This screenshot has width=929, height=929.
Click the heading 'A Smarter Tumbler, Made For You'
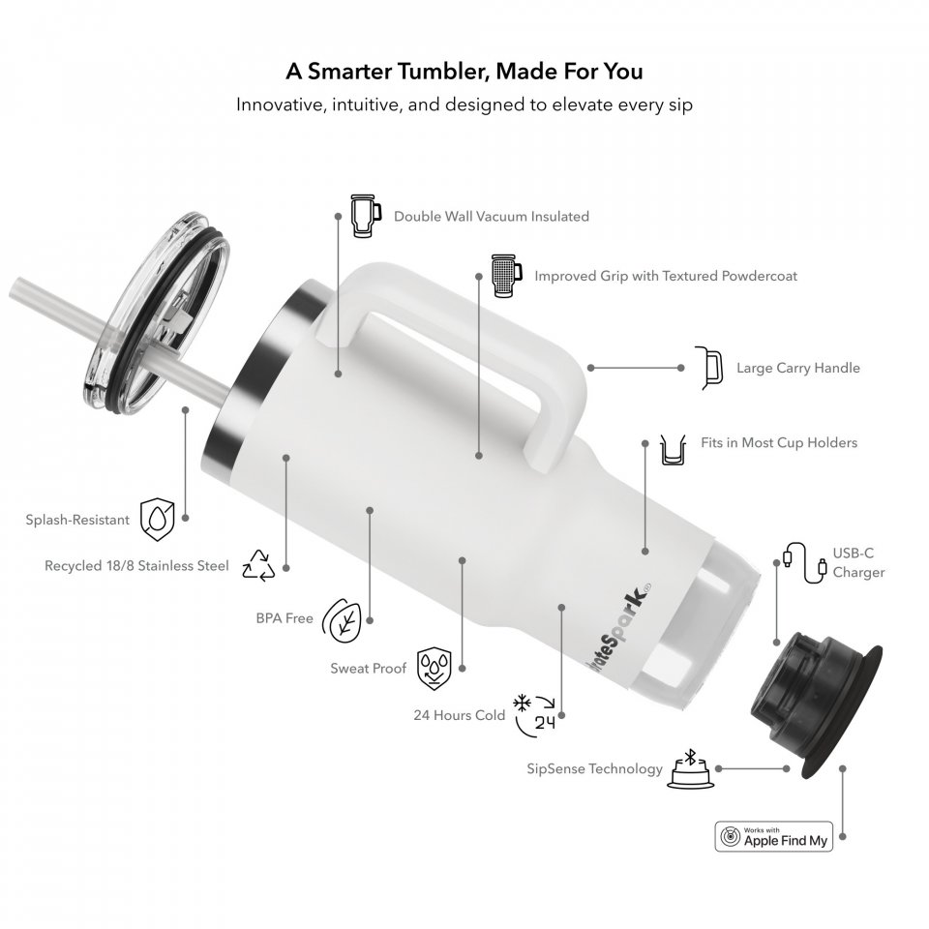pyautogui.click(x=464, y=71)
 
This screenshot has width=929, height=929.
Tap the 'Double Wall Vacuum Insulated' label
pyautogui.click(x=492, y=216)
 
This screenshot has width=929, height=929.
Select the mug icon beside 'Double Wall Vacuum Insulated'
pyautogui.click(x=363, y=216)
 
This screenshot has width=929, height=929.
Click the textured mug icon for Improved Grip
pyautogui.click(x=506, y=276)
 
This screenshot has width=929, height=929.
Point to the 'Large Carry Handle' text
pyautogui.click(x=798, y=368)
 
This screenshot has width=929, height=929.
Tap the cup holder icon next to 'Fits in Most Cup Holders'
pyautogui.click(x=673, y=450)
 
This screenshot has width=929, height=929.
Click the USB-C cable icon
pyautogui.click(x=804, y=563)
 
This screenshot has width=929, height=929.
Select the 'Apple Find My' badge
pyautogui.click(x=773, y=836)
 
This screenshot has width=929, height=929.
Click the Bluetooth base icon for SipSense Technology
pyautogui.click(x=691, y=769)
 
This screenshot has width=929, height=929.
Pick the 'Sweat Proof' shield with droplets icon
pyautogui.click(x=435, y=669)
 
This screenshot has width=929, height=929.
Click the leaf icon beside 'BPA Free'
pyautogui.click(x=342, y=620)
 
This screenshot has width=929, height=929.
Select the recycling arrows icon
pyautogui.click(x=259, y=565)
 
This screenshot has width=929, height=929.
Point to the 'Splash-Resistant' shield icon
pyautogui.click(x=157, y=520)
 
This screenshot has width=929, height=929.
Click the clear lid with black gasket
pyautogui.click(x=156, y=314)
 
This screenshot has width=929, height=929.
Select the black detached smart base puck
pyautogui.click(x=816, y=704)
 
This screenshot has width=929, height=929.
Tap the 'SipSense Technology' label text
pyautogui.click(x=594, y=769)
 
